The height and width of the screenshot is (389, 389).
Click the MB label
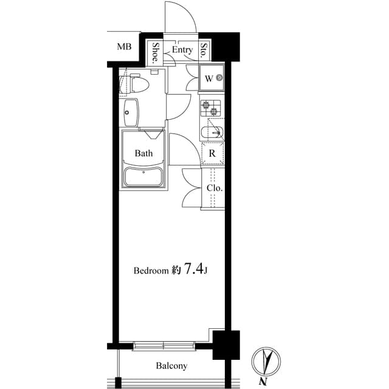(x=124, y=47)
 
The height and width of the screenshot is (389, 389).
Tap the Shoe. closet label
(x=156, y=53)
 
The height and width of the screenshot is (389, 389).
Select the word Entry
(x=182, y=50)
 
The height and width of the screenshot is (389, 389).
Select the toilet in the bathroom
(x=136, y=83)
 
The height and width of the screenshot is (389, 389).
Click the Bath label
(x=143, y=153)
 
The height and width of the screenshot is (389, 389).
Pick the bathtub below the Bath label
(x=143, y=178)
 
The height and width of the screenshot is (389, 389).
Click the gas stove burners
(x=212, y=108)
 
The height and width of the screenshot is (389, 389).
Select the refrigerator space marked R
(x=212, y=153)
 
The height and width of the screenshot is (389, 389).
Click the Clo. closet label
(x=214, y=188)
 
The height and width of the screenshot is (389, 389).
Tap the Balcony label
(x=171, y=366)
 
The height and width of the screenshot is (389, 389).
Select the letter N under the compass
(x=264, y=382)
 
